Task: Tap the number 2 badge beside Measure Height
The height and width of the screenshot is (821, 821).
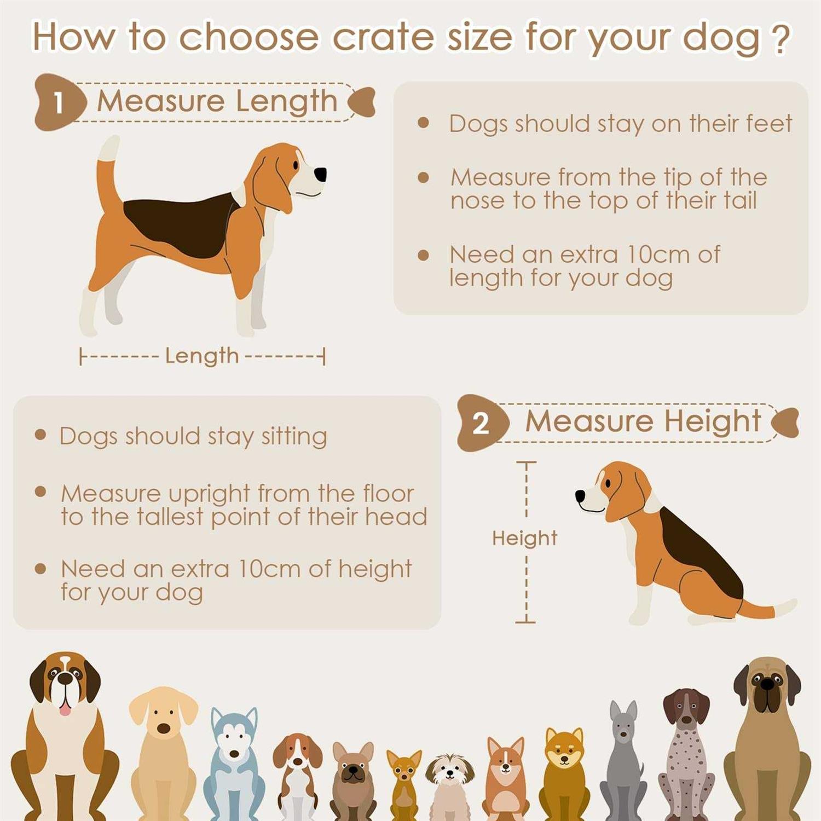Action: pyautogui.click(x=481, y=423)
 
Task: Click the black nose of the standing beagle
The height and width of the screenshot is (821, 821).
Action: pyautogui.click(x=320, y=174)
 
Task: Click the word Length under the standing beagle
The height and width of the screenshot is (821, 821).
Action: pyautogui.click(x=202, y=356)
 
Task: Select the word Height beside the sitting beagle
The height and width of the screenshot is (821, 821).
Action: pyautogui.click(x=524, y=538)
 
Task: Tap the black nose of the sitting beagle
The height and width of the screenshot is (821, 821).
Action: pyautogui.click(x=580, y=496)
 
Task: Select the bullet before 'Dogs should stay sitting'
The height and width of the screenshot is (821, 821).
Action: pyautogui.click(x=40, y=435)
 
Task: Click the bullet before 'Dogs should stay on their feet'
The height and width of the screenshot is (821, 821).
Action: pyautogui.click(x=423, y=123)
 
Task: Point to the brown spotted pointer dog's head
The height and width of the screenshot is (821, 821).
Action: pyautogui.click(x=685, y=709)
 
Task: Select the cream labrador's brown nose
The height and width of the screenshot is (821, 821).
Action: pyautogui.click(x=164, y=728)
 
